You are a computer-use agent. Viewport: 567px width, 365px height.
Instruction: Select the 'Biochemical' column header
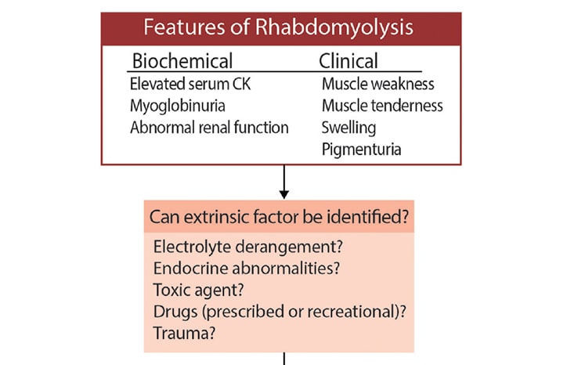coord(182,61)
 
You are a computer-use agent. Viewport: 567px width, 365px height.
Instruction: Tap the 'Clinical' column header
coord(349,61)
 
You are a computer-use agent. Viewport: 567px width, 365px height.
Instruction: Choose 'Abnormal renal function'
coord(209,127)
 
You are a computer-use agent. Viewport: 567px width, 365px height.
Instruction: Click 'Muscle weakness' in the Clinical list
coord(377,84)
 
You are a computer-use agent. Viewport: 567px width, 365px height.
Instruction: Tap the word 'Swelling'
coord(349,127)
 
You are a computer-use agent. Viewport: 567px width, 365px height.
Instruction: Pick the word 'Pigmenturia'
coord(361,149)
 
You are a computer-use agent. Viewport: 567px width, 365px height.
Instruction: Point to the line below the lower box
coord(284,359)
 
